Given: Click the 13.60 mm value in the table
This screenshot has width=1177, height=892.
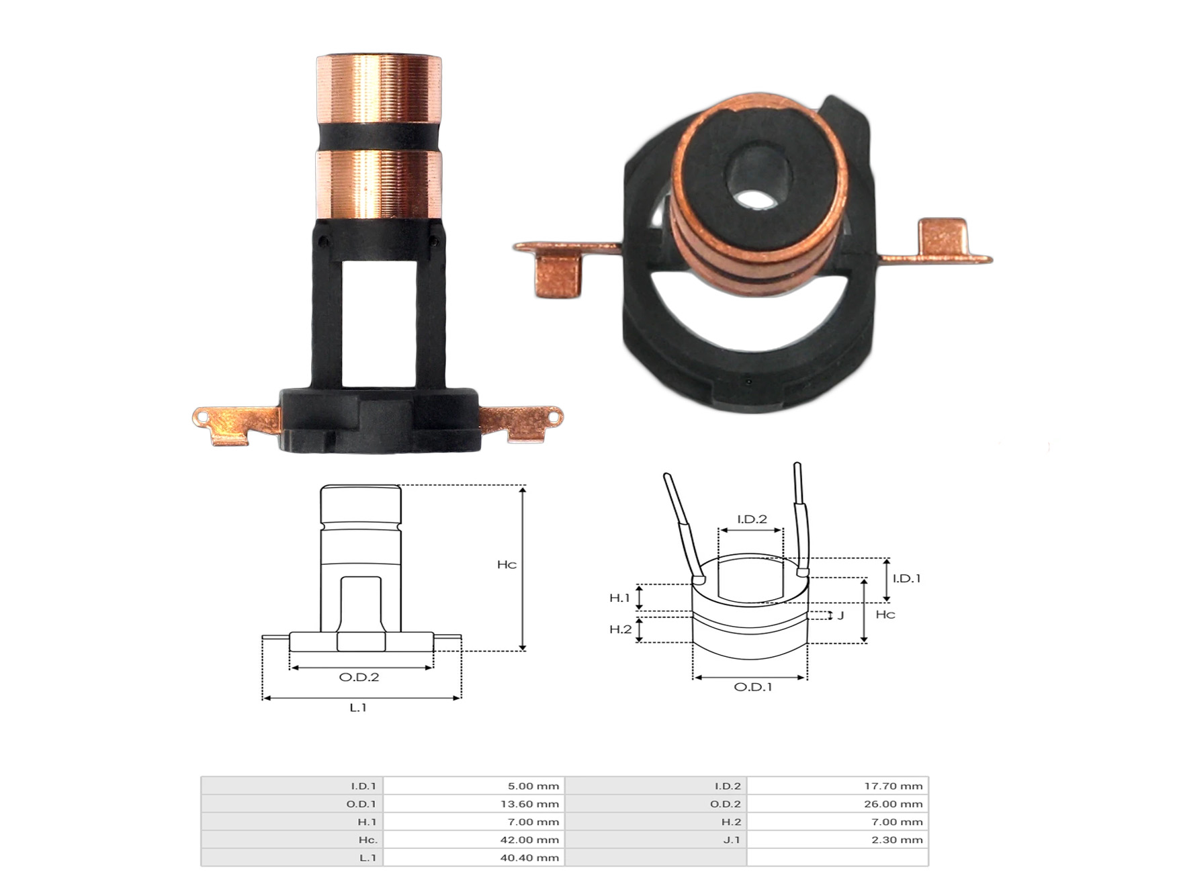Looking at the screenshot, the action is point(533,804).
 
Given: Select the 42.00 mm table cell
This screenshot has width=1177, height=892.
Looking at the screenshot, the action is point(533,840).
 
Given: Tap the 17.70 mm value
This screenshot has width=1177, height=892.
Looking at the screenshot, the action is point(893,786).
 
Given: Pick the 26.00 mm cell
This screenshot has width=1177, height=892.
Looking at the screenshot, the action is point(893,804).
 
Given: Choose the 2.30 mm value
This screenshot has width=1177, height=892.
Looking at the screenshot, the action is point(897,840).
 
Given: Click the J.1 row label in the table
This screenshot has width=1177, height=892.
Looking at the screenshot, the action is point(732,840).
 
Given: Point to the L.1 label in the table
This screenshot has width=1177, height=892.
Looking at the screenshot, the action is point(367,858).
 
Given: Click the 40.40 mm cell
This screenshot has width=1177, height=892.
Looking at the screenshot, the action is point(533,858).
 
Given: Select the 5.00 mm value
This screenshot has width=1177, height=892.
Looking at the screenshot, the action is point(533,786).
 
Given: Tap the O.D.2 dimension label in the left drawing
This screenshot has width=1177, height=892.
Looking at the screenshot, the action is point(359,677).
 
